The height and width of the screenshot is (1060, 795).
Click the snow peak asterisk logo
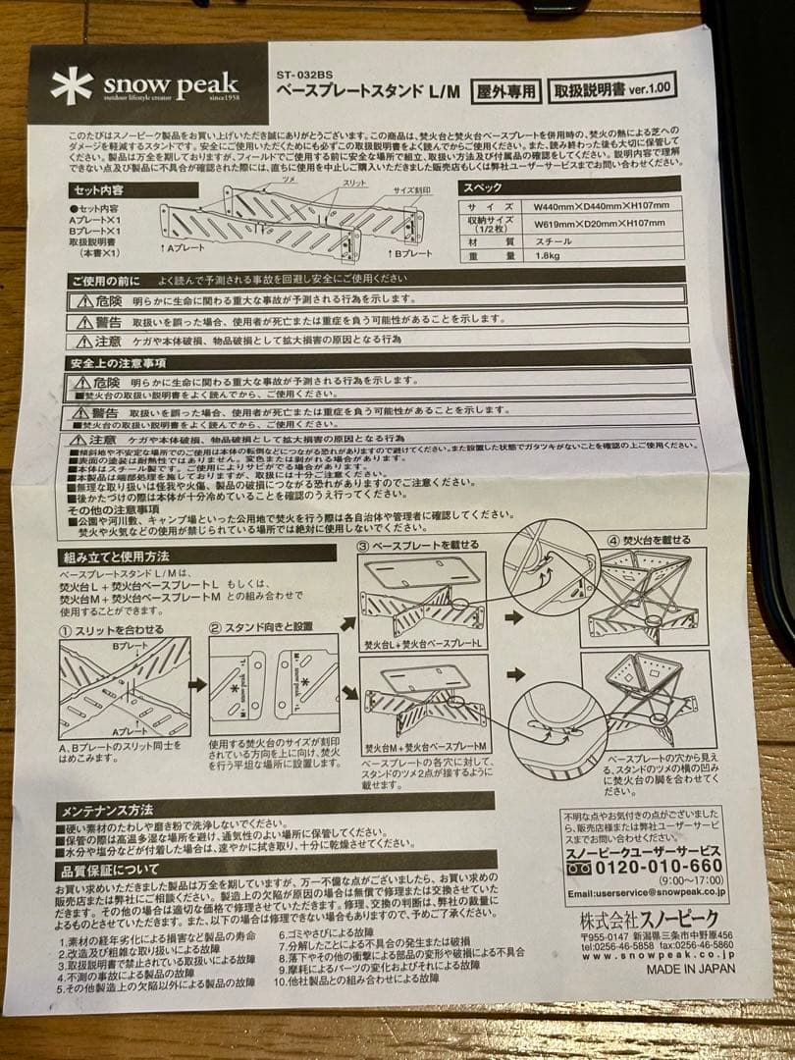(72, 85)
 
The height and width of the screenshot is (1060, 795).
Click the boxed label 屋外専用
(505, 90)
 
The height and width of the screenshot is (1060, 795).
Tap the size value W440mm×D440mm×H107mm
(601, 206)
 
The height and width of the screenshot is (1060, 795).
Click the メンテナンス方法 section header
(108, 810)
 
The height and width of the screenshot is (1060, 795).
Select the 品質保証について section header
(110, 870)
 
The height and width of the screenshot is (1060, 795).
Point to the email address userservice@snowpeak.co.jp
(647, 893)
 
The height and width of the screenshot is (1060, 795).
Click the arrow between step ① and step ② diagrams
(197, 684)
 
